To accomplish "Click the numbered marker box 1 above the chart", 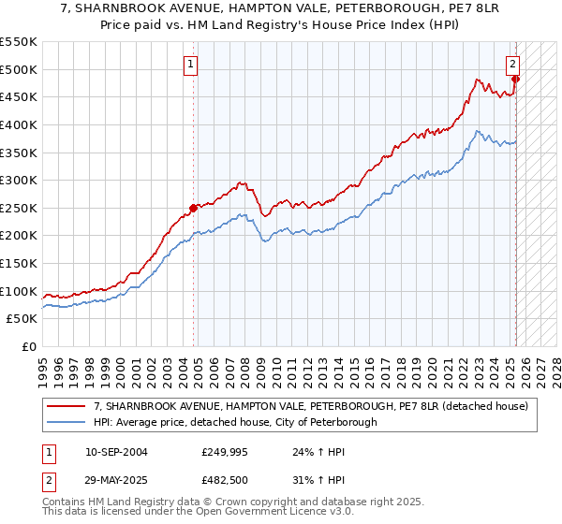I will pyautogui.click(x=190, y=65).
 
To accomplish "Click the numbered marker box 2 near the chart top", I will pyautogui.click(x=513, y=65).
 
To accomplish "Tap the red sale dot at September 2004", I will pyautogui.click(x=193, y=208).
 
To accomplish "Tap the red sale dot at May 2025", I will pyautogui.click(x=515, y=79).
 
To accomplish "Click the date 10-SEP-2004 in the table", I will pyautogui.click(x=109, y=452).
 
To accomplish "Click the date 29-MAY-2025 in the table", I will pyautogui.click(x=109, y=480).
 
